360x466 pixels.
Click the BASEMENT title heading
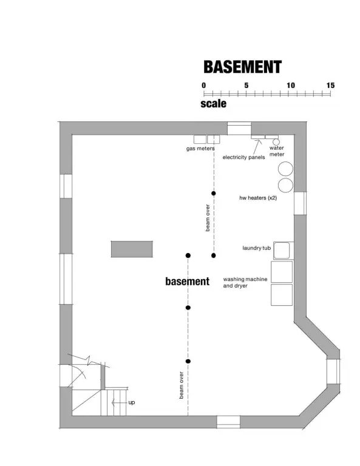tap(242, 67)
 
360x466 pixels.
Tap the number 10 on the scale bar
tap(291, 86)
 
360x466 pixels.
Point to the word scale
tap(214, 103)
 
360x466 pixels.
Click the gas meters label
tap(200, 148)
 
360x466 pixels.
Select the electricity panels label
tap(243, 157)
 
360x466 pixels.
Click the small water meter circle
tap(276, 142)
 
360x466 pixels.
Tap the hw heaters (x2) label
tap(258, 198)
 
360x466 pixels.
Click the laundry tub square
tap(281, 251)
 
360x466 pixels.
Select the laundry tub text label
tap(257, 248)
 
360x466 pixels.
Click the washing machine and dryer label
tap(245, 282)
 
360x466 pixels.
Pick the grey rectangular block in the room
tap(132, 249)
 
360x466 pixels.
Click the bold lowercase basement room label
tap(187, 281)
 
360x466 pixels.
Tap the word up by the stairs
tap(131, 402)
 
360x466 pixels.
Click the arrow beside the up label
tap(119, 403)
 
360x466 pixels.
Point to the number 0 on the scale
tap(203, 86)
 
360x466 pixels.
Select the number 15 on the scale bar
tap(330, 86)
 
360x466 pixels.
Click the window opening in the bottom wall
tap(228, 422)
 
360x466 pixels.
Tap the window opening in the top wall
tap(239, 128)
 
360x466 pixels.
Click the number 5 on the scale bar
tap(246, 86)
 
